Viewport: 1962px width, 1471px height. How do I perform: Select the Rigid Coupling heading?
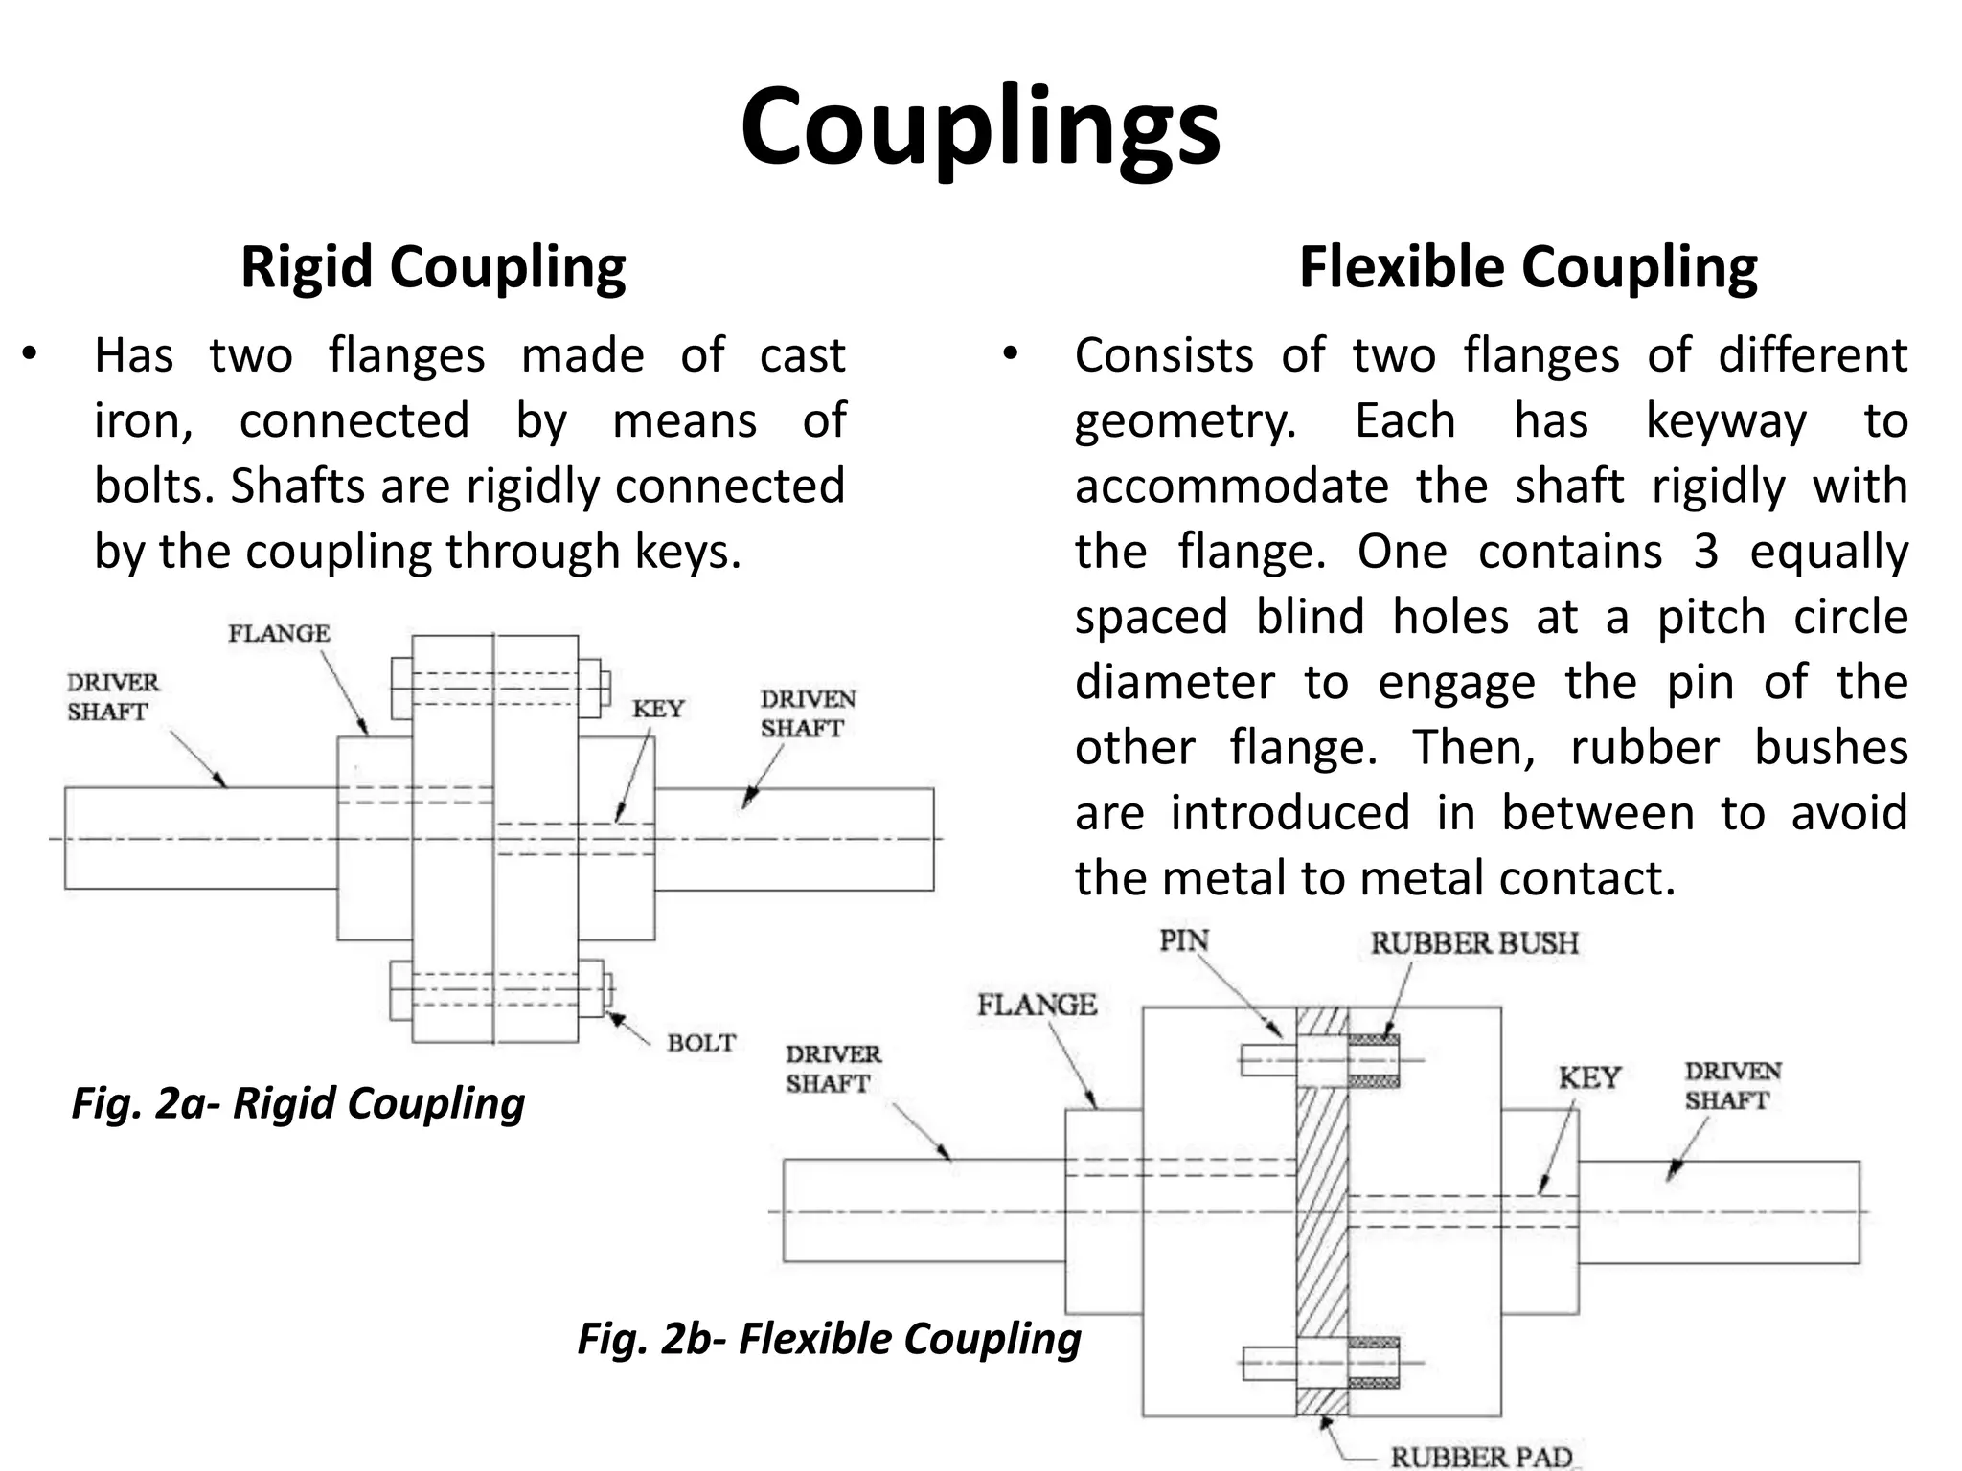coord(433,266)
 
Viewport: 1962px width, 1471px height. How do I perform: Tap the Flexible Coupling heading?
coord(1528,266)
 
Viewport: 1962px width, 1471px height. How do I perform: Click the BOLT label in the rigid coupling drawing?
coord(701,1043)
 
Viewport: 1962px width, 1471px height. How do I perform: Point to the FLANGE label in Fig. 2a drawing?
coord(279,633)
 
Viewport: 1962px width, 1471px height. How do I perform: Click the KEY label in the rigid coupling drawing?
coord(658,709)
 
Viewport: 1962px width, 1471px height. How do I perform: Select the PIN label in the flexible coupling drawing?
coord(1184,940)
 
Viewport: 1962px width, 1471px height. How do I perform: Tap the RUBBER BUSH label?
coord(1473,943)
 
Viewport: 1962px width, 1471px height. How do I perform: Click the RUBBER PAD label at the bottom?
coord(1481,1457)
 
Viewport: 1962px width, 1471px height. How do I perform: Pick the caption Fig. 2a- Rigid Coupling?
coord(298,1103)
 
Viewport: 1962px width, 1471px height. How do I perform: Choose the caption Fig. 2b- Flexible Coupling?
coord(829,1339)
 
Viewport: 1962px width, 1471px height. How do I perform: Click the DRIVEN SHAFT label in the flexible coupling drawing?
coord(1732,1085)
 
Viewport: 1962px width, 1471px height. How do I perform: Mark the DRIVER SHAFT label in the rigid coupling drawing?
coord(112,697)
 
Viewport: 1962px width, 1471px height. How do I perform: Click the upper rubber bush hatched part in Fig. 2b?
coord(1374,1040)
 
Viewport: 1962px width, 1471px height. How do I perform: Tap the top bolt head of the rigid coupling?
coord(401,688)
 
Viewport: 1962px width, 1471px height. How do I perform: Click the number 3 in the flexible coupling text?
coord(1705,552)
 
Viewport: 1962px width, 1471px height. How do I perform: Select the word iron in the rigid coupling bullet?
coord(140,421)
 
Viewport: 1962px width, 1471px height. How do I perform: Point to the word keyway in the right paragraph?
coord(1725,421)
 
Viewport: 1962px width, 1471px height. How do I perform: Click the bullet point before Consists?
coord(1009,354)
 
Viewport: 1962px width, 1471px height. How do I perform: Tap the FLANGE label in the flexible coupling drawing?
coord(1037,1005)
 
